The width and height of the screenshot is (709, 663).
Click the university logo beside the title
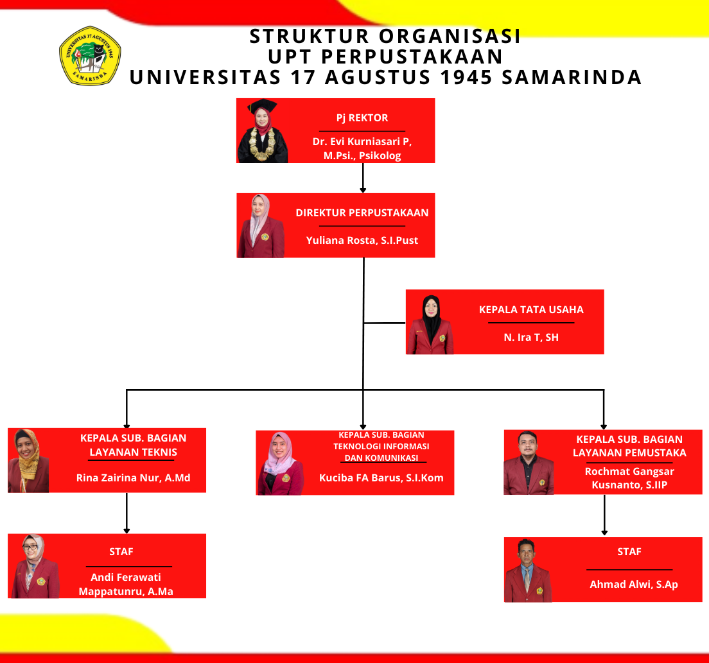click(90, 55)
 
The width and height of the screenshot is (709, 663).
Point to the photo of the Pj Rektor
click(263, 131)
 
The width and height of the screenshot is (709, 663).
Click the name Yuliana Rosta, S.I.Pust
click(362, 241)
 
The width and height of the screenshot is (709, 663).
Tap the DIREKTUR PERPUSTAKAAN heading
click(362, 212)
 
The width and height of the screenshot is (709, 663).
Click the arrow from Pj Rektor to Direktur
click(363, 178)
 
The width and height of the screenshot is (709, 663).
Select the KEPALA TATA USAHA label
click(531, 309)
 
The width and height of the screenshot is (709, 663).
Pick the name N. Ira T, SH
click(531, 337)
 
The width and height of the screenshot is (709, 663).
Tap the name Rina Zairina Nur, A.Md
click(133, 478)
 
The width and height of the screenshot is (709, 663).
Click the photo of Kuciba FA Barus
click(281, 463)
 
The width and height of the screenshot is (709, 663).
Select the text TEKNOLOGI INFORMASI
click(381, 446)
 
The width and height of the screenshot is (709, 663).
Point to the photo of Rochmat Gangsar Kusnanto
click(528, 463)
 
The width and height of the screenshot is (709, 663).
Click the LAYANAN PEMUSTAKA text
click(629, 452)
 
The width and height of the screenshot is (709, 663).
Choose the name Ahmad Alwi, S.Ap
click(634, 584)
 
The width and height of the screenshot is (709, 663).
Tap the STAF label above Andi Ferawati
click(121, 551)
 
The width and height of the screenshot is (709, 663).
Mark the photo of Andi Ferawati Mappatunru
click(33, 566)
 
